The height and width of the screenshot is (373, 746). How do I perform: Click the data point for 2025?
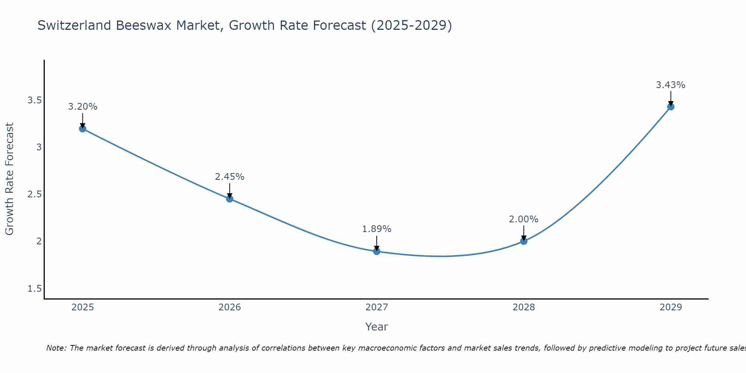tap(82, 129)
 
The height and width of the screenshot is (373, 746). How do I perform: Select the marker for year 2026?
tap(229, 199)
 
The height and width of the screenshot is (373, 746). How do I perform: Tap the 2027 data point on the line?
tap(377, 251)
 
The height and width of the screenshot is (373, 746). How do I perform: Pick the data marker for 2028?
tap(524, 241)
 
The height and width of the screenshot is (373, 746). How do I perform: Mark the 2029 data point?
tap(671, 107)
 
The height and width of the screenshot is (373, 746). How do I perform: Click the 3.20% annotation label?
tap(82, 107)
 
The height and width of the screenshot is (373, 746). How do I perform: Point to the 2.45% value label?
tap(229, 177)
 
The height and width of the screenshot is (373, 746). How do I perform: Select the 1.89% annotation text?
tap(377, 229)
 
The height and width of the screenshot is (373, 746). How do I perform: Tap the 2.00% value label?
tap(524, 219)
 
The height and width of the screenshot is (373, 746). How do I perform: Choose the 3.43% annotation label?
tap(671, 85)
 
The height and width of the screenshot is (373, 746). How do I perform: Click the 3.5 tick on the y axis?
tap(34, 100)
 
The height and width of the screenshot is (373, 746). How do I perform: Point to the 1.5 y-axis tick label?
tap(34, 289)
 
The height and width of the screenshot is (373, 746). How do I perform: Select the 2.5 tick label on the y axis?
tap(34, 194)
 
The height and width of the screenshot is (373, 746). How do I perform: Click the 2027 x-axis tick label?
tap(377, 307)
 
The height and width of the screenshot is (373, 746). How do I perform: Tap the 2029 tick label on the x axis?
tap(671, 307)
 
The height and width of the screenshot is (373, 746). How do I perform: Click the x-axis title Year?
tap(377, 327)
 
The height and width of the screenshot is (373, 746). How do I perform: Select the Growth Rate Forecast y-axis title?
tap(9, 179)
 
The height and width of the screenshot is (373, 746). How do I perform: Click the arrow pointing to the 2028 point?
tap(524, 233)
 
